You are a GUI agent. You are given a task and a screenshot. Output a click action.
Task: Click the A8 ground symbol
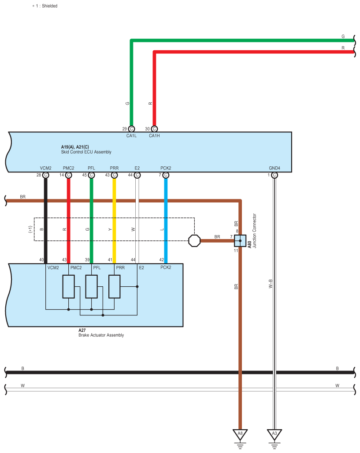click(240, 434)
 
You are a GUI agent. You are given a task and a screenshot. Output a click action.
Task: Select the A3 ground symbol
click(274, 434)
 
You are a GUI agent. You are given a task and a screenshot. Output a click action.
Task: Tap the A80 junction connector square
click(240, 240)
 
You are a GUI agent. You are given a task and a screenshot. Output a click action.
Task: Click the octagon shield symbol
click(194, 240)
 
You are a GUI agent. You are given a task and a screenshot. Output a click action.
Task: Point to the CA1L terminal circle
click(131, 129)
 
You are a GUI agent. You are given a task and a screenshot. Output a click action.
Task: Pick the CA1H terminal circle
click(154, 129)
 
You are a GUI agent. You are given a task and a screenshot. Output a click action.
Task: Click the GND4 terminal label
click(274, 168)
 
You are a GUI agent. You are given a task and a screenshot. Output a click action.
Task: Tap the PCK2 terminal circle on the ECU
click(166, 175)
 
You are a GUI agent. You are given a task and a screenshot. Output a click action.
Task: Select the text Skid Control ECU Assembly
click(86, 152)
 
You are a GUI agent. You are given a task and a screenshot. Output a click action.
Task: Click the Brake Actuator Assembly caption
click(98, 335)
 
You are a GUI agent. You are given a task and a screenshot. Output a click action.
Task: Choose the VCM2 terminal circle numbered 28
click(46, 175)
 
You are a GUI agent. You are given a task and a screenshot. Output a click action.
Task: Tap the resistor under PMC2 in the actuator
click(68, 287)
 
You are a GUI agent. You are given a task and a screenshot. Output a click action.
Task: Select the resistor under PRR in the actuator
click(114, 287)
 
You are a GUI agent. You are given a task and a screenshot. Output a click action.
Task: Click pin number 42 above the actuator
click(162, 260)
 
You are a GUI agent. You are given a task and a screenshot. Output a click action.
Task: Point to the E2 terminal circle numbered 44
click(137, 175)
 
